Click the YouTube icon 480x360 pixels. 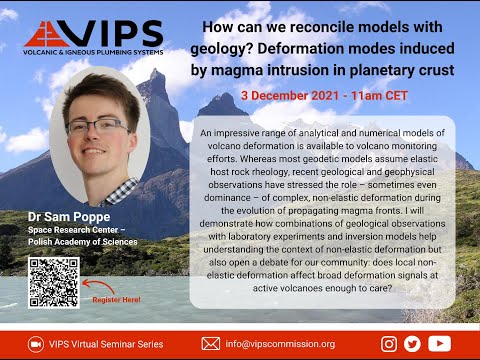439,343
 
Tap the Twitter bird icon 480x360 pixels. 412,343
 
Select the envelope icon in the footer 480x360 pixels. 210,343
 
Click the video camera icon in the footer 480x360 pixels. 35,343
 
